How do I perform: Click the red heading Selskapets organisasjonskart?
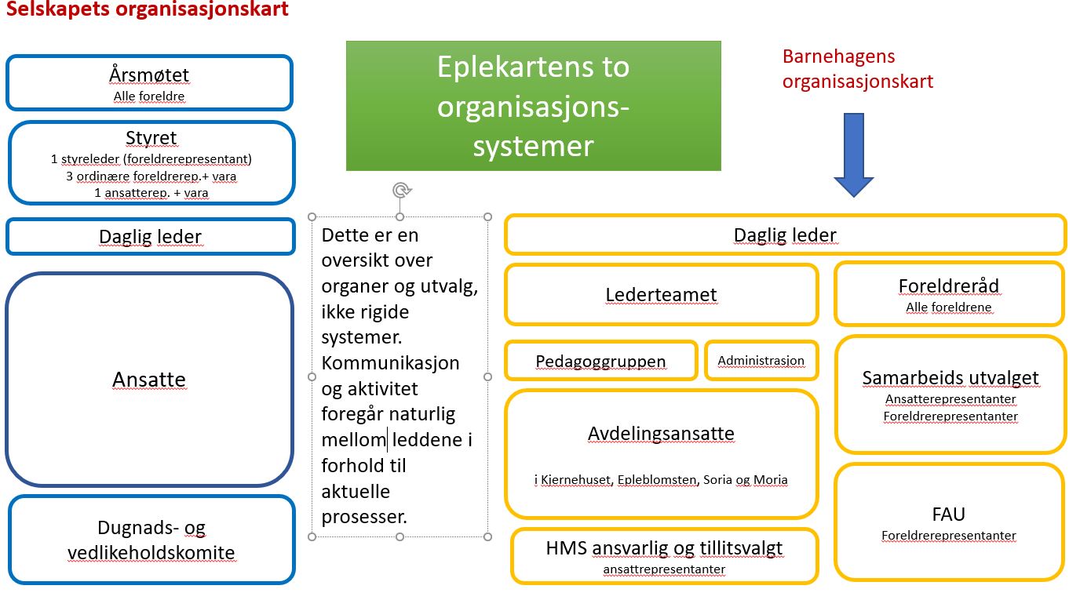click(x=148, y=10)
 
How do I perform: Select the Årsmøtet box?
click(x=149, y=82)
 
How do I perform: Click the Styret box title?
click(x=151, y=138)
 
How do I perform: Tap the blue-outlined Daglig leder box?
click(x=150, y=237)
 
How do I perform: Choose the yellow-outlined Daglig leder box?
click(x=785, y=235)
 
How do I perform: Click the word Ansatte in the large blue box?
click(x=149, y=380)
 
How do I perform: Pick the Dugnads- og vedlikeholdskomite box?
click(x=151, y=540)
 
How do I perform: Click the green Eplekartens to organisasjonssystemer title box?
click(x=533, y=106)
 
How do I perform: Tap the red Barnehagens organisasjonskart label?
click(x=857, y=68)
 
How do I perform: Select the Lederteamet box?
click(x=661, y=295)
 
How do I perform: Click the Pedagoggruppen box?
click(x=600, y=361)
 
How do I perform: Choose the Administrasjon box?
click(x=761, y=361)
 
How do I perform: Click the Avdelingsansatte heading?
click(x=661, y=434)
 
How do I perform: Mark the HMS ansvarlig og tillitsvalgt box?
click(x=664, y=556)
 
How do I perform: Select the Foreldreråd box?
click(x=949, y=293)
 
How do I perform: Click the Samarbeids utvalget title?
click(x=950, y=378)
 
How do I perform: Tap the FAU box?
click(x=948, y=522)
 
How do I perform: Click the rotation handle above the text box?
click(x=401, y=190)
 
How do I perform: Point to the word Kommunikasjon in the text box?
click(x=390, y=363)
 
